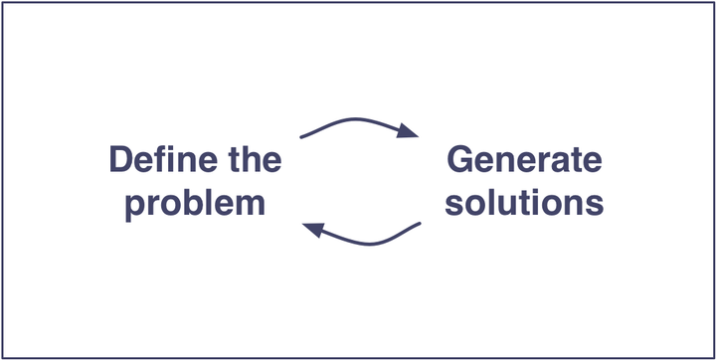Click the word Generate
[x=524, y=161]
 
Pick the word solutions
[x=524, y=203]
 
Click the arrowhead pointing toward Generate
[x=408, y=130]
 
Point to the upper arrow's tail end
[x=300, y=136]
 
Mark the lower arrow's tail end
[x=420, y=224]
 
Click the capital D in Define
[x=120, y=161]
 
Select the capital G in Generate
[x=461, y=161]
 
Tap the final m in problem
[x=251, y=205]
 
